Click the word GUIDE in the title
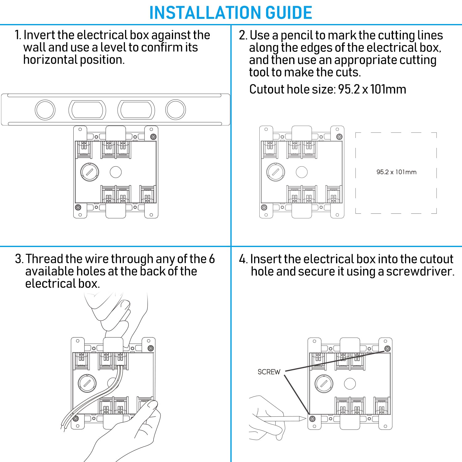[x=289, y=13]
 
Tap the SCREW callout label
[x=269, y=372]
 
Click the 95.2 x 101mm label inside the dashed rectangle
[x=396, y=172]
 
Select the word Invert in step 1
[x=39, y=35]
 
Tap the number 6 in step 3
[x=212, y=259]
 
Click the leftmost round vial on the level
[x=45, y=110]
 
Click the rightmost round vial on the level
[x=176, y=110]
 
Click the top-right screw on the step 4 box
[x=387, y=348]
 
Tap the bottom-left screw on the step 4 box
[x=312, y=419]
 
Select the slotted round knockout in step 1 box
[x=90, y=172]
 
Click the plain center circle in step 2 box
[x=302, y=172]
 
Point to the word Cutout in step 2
[x=266, y=89]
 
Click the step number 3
[x=19, y=259]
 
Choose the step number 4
[x=243, y=259]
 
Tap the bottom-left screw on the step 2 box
[x=264, y=207]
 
